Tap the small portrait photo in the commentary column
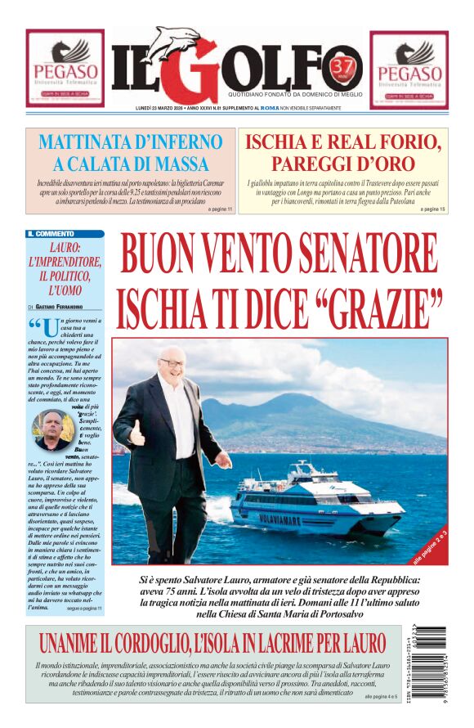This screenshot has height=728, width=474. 52,428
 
